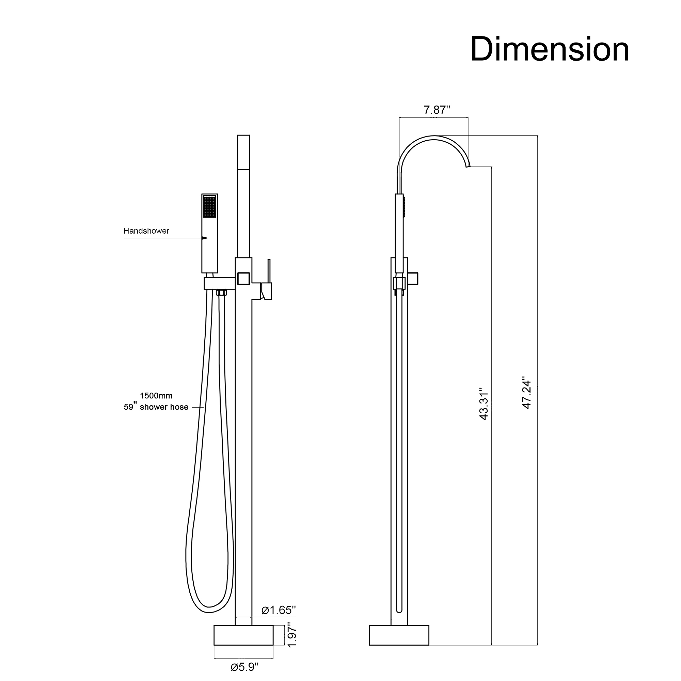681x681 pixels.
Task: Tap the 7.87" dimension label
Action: [437, 110]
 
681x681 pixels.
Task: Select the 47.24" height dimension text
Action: [527, 394]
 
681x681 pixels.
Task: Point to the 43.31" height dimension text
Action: [484, 404]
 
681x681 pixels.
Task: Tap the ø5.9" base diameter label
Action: [244, 667]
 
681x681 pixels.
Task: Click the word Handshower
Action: [146, 231]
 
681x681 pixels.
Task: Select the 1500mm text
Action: [156, 395]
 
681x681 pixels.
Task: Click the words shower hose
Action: [164, 407]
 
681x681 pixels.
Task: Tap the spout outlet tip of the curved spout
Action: [468, 166]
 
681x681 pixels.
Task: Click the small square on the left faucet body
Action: [243, 279]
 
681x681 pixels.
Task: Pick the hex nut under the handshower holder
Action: [221, 292]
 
